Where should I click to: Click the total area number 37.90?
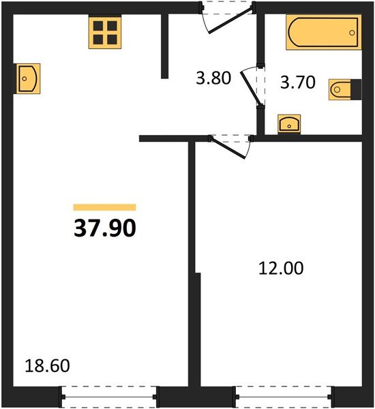(x=105, y=228)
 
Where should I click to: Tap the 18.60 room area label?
(x=47, y=365)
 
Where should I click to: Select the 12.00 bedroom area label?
(x=281, y=268)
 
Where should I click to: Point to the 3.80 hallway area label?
(x=213, y=78)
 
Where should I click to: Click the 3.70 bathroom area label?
(x=298, y=82)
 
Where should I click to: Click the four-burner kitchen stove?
(x=105, y=32)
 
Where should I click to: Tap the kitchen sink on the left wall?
(x=27, y=78)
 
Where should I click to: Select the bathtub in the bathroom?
(x=324, y=32)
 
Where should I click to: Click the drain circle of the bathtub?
(x=352, y=33)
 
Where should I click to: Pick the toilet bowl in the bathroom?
(x=340, y=89)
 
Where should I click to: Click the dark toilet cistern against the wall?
(x=356, y=89)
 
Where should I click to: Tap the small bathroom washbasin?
(x=289, y=124)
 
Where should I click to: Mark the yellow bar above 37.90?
(x=104, y=207)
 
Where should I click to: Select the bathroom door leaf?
(x=251, y=88)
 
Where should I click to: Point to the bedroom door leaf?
(x=228, y=148)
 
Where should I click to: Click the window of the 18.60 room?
(x=109, y=397)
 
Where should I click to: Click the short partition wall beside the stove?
(x=165, y=46)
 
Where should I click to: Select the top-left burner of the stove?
(x=98, y=26)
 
